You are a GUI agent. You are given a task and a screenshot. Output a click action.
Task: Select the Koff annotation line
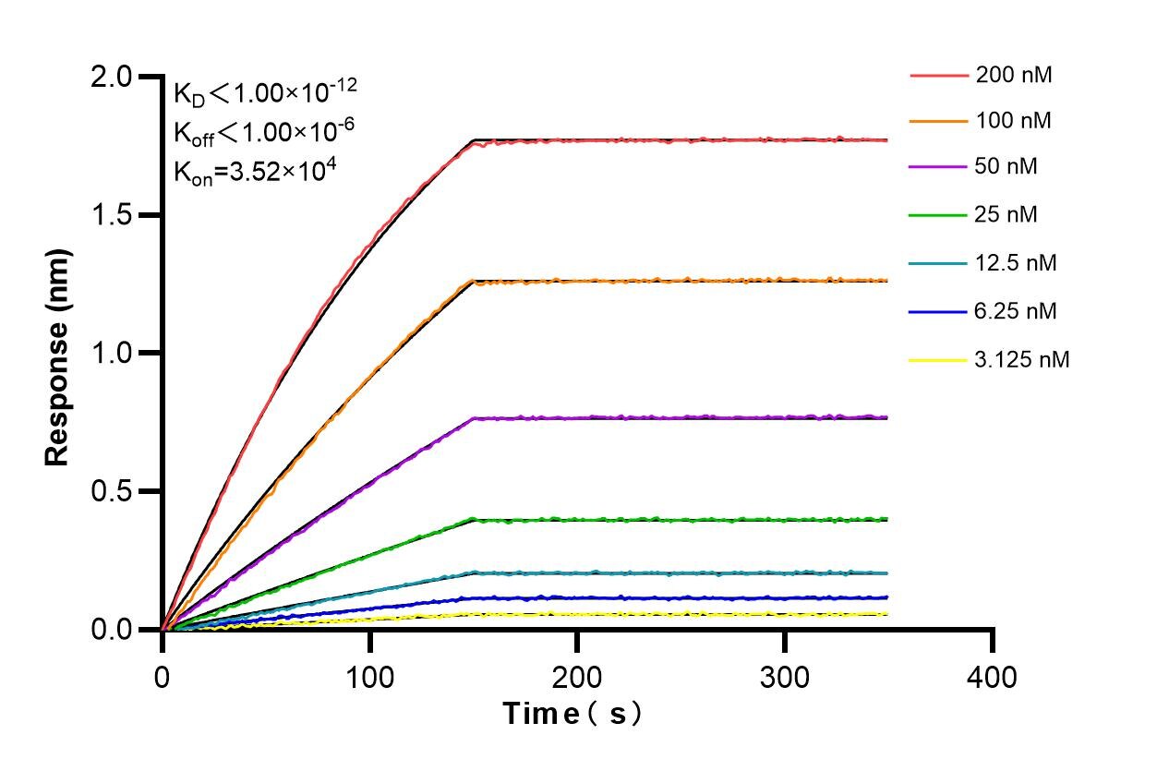point(264,132)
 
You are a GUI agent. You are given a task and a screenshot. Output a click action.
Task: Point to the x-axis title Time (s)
point(572,714)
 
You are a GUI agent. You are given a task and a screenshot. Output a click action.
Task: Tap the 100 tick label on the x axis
point(369,678)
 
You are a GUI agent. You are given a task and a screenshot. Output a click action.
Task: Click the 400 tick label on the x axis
point(992,678)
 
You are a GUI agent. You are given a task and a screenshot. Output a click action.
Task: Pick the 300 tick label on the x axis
point(784,678)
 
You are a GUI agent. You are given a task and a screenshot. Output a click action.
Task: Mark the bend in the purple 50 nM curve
point(474,418)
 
